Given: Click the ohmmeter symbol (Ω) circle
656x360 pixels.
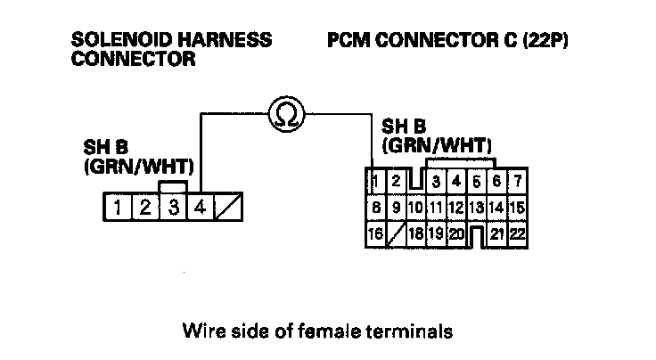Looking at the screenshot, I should pos(287,113).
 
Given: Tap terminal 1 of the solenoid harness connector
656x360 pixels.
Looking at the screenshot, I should pos(118,210).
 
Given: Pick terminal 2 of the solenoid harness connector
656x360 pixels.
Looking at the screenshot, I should pos(144,210).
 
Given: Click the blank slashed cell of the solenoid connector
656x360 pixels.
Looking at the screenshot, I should pos(229,210).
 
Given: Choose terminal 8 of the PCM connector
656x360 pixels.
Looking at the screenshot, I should pos(377,209).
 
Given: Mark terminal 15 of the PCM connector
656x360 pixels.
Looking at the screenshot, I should pos(517,209).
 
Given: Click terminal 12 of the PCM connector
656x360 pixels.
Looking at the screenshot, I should pos(456,209).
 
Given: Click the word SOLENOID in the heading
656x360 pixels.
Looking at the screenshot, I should pos(115,41).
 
